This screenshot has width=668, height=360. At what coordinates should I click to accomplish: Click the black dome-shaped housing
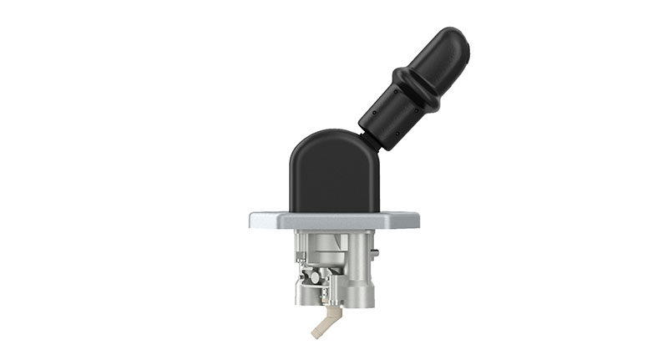pyautogui.click(x=331, y=175)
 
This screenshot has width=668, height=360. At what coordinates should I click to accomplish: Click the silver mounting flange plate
pyautogui.click(x=334, y=221)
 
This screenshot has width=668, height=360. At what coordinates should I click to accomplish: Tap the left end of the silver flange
pyautogui.click(x=254, y=221)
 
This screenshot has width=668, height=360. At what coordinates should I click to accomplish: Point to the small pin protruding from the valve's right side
pyautogui.click(x=376, y=252)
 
